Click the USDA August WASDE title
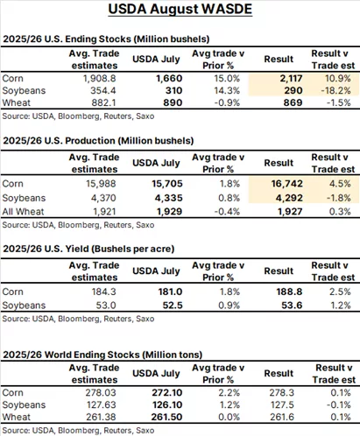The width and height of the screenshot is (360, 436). (180, 9)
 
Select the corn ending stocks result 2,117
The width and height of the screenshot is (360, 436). (291, 79)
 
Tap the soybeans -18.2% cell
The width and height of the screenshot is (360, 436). (335, 91)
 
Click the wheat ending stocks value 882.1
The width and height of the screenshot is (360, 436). (103, 102)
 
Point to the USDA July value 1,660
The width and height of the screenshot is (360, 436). (169, 79)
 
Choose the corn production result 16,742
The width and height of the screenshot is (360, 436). (287, 184)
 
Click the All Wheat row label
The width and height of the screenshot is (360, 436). (23, 212)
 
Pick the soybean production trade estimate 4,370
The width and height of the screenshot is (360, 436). (103, 198)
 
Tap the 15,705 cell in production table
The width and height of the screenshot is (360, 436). (167, 184)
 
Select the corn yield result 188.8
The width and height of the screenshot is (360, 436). (289, 292)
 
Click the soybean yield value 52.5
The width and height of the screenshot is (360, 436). (173, 306)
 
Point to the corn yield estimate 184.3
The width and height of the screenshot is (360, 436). (104, 292)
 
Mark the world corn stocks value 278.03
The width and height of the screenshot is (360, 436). (101, 392)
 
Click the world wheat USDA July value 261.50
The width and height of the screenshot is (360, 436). (166, 417)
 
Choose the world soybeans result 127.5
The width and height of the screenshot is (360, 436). (282, 404)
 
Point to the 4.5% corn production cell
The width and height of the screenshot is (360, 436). (340, 184)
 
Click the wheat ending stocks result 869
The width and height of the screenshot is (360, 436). (293, 102)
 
